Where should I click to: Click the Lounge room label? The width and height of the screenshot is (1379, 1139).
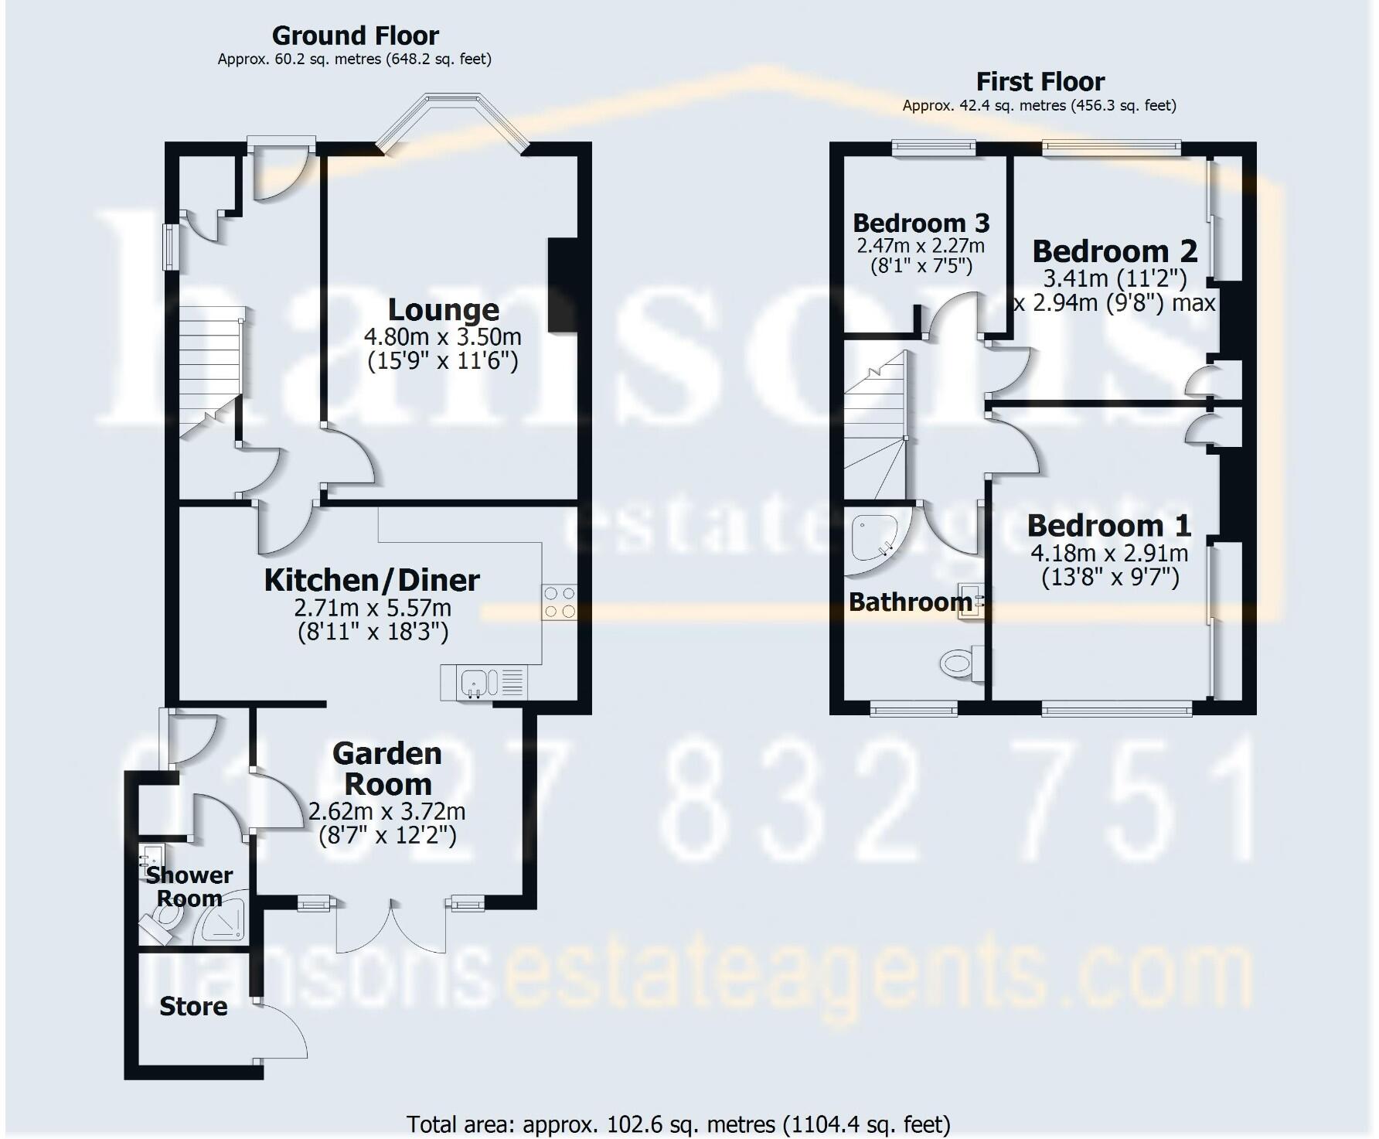click(443, 309)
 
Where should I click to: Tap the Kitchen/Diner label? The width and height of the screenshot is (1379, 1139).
click(372, 580)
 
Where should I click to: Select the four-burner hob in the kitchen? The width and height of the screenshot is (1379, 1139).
click(560, 602)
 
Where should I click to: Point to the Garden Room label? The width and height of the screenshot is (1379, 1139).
click(387, 769)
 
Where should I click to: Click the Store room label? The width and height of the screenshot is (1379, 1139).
click(193, 1006)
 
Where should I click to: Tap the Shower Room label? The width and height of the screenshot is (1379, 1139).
click(189, 886)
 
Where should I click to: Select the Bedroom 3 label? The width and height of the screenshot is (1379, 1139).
click(921, 223)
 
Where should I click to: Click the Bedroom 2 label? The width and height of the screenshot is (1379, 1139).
click(1114, 251)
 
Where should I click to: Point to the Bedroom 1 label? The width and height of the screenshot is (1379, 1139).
click(1108, 525)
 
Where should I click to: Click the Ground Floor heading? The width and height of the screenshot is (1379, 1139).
click(355, 36)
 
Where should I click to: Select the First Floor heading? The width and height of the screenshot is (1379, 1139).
click(1040, 81)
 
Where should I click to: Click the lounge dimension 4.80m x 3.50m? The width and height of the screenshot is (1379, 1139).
click(443, 337)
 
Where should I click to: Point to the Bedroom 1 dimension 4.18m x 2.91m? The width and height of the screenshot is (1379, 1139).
click(1109, 553)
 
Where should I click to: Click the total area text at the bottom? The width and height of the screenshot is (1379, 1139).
click(678, 1124)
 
